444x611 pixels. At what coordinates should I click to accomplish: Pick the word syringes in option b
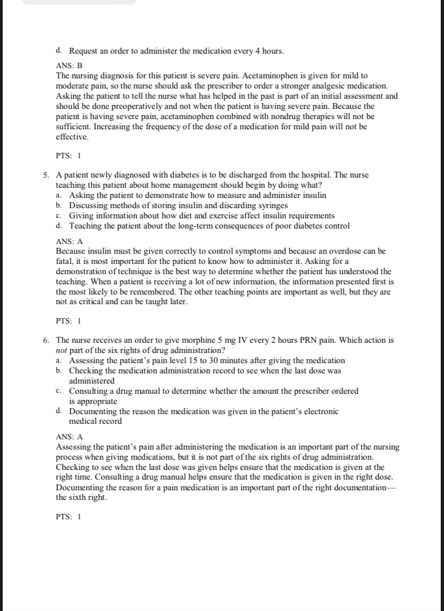(x=271, y=205)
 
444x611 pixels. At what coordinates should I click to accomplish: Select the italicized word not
(x=62, y=350)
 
